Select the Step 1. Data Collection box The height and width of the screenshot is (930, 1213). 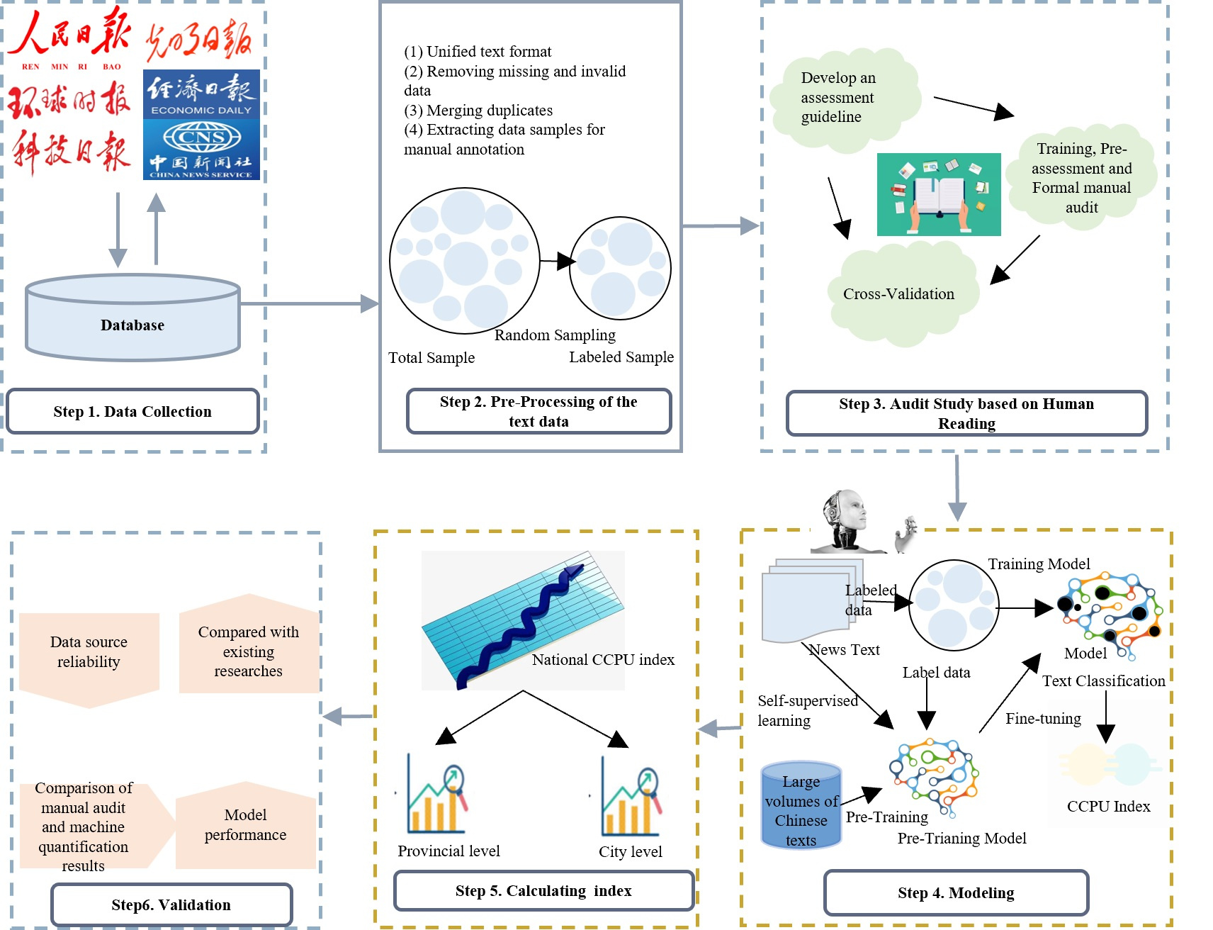(132, 411)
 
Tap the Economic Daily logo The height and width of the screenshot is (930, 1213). (201, 94)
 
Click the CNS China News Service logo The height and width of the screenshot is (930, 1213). (201, 150)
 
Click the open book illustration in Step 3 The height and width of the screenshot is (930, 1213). (939, 194)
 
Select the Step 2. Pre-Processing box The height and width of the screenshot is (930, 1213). (538, 411)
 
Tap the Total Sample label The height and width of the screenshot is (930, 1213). (431, 358)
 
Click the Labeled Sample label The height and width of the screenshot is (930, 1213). (621, 357)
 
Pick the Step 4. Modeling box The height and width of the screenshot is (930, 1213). (956, 892)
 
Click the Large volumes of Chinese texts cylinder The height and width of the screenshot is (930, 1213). (801, 806)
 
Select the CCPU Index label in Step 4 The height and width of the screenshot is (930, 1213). (1108, 807)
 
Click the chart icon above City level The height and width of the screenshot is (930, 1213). (631, 797)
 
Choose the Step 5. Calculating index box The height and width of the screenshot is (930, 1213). (543, 890)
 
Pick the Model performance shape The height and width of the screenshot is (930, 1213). (246, 825)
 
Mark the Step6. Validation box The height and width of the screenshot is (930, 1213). (171, 904)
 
